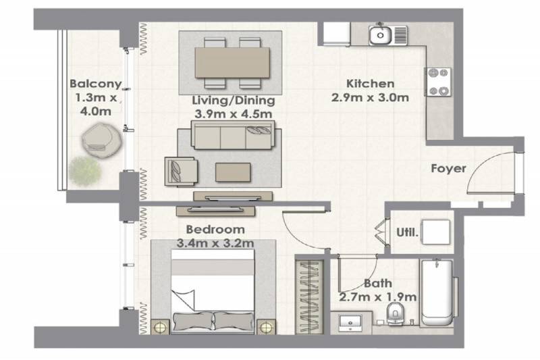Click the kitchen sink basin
(380, 35)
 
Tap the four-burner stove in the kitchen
(437, 82)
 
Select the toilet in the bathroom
(395, 314)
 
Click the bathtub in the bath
(437, 293)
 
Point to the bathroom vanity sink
(350, 323)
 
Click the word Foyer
(448, 168)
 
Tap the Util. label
(408, 232)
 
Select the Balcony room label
(96, 84)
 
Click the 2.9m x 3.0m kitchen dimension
(370, 97)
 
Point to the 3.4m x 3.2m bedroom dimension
(215, 243)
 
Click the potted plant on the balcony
(85, 171)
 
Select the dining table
(232, 63)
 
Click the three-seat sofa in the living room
(233, 134)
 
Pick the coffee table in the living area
(233, 172)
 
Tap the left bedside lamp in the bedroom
(160, 327)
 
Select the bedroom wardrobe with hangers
(310, 297)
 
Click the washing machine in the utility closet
(436, 232)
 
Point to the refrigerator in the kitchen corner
(337, 34)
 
